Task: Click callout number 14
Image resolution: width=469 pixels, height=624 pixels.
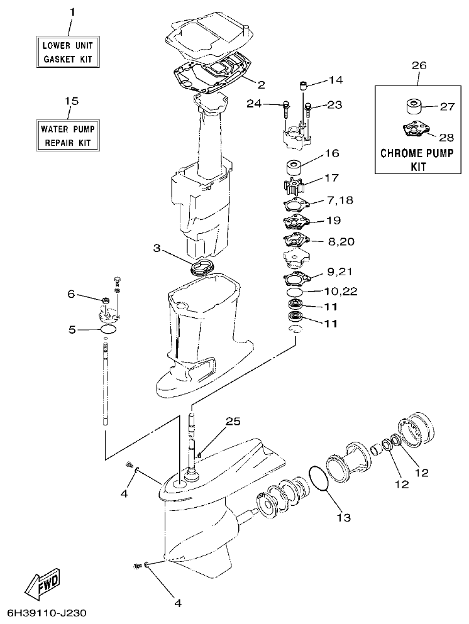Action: point(336,80)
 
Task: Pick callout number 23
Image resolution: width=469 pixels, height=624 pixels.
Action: point(334,105)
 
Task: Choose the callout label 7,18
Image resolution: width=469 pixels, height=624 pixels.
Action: point(340,200)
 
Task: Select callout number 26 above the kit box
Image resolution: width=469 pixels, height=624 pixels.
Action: point(418,65)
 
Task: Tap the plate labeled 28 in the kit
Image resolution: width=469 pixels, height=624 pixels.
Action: point(414,130)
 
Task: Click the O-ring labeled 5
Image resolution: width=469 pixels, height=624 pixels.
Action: point(108,329)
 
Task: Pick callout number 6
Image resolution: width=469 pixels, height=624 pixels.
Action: point(71,293)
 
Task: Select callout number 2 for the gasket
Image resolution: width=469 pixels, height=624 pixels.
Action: point(261,84)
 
